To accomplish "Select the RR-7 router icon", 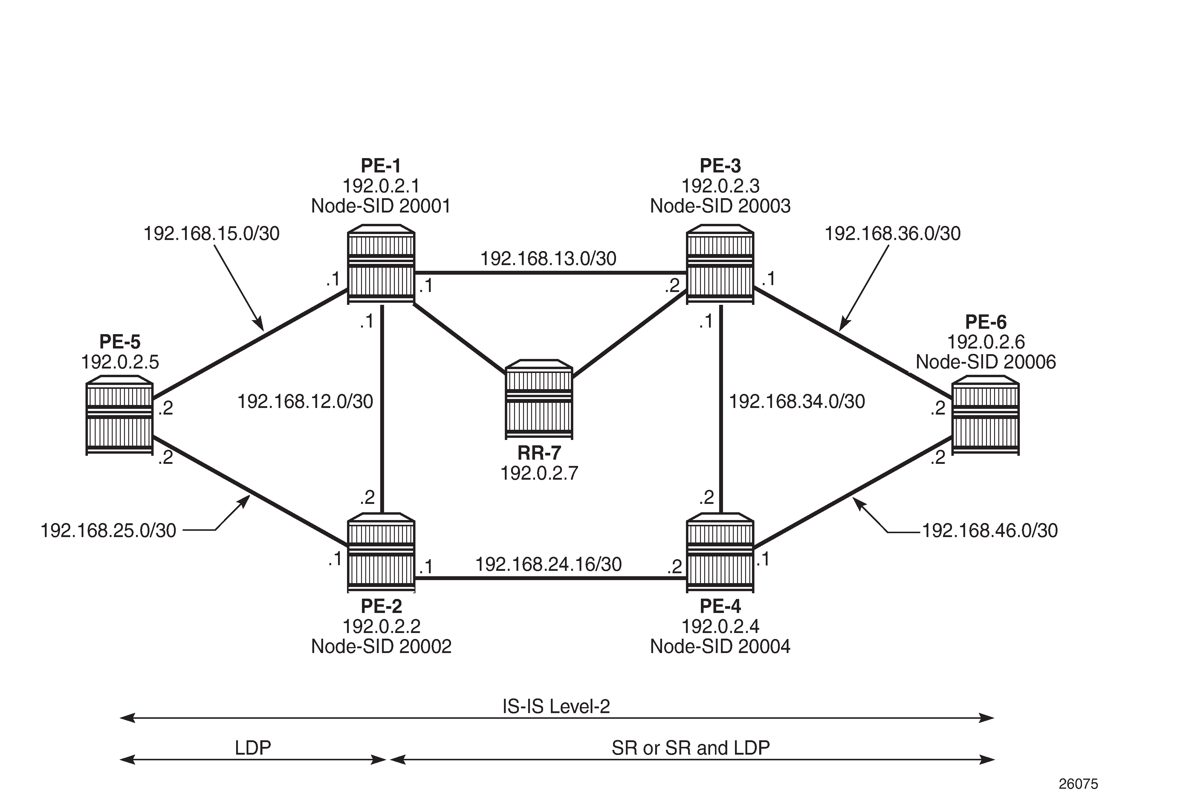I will coord(539,399).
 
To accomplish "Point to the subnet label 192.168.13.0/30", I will coord(548,259).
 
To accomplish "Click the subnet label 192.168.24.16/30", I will coord(548,564).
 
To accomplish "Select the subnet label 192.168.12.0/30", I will coord(305,402).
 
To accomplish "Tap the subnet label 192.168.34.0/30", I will coord(797,402).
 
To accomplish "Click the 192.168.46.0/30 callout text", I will coord(990,530).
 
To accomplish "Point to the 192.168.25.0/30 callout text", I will coord(108,530).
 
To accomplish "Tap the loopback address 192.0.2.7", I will coord(539,473).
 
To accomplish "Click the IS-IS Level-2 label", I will coord(556,706).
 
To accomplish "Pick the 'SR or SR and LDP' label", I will coord(690,747).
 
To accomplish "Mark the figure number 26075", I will coord(1078,783).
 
